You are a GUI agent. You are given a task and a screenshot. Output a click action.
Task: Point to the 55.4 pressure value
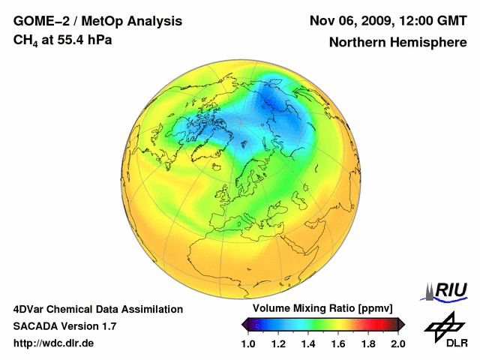click(78, 39)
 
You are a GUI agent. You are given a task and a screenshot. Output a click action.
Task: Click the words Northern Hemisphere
click(397, 42)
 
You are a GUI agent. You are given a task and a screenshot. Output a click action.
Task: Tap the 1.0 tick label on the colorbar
click(248, 343)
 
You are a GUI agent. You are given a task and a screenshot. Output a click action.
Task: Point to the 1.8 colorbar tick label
click(367, 343)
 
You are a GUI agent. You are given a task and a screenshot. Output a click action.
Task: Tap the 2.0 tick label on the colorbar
click(397, 343)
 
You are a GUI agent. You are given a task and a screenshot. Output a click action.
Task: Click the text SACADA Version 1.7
click(64, 326)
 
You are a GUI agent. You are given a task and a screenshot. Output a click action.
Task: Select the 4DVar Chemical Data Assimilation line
click(98, 309)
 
